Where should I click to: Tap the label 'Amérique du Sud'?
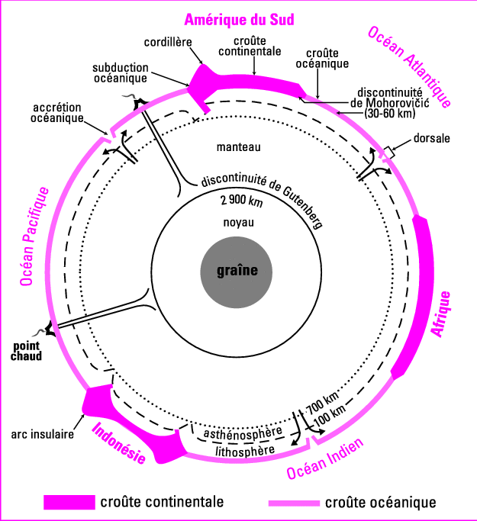[x=240, y=19]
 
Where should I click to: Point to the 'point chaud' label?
[x=27, y=350]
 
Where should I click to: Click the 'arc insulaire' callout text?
[x=42, y=436]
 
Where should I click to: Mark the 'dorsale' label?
[x=432, y=139]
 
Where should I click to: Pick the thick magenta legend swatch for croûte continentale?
[x=69, y=502]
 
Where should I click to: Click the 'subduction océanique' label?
[x=121, y=72]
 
